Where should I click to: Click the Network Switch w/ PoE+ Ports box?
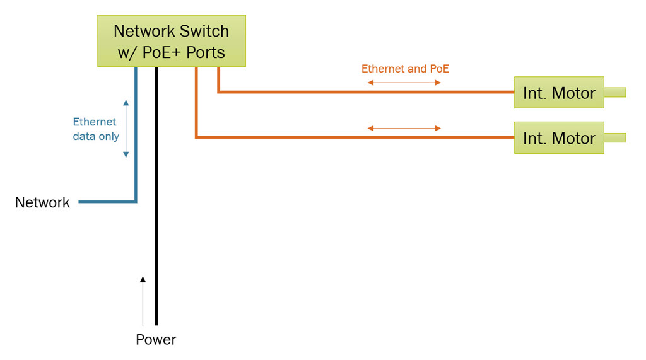[171, 41]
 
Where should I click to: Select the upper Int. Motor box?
[559, 93]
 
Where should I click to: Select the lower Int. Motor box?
[559, 138]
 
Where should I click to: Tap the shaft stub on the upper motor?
[615, 93]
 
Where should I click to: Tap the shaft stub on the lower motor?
[615, 138]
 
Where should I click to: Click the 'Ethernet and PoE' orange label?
[405, 69]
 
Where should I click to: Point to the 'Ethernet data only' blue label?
[96, 129]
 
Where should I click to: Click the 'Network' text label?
[42, 202]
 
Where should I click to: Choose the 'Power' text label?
[156, 340]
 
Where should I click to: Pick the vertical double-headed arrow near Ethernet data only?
[126, 129]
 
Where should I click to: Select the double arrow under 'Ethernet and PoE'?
[404, 83]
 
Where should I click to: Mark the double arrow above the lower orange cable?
[404, 129]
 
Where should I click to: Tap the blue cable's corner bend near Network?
[135, 201]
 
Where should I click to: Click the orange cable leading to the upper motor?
[366, 92]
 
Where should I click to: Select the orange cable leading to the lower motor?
[353, 137]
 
